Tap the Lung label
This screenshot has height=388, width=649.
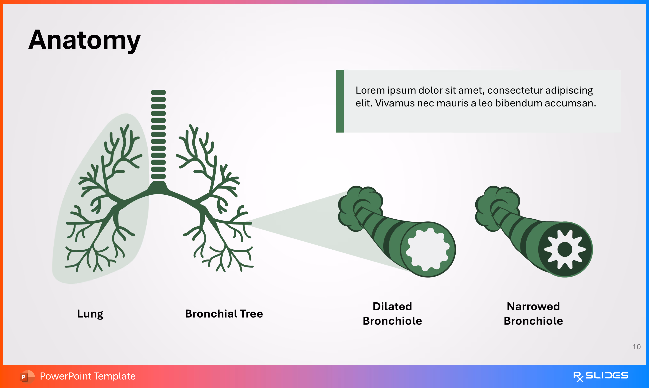[x=90, y=313]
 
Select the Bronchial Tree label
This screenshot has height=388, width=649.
[x=224, y=313]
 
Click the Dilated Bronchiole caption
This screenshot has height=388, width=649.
[x=392, y=313]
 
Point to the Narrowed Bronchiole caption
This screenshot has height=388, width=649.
[x=533, y=313]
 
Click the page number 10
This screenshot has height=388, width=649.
[x=636, y=347]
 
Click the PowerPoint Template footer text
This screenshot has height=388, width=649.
[x=88, y=376]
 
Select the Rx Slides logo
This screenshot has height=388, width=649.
[x=600, y=376]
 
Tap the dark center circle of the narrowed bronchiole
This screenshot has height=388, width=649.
[x=565, y=249]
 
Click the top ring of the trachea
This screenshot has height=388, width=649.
[x=158, y=92]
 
